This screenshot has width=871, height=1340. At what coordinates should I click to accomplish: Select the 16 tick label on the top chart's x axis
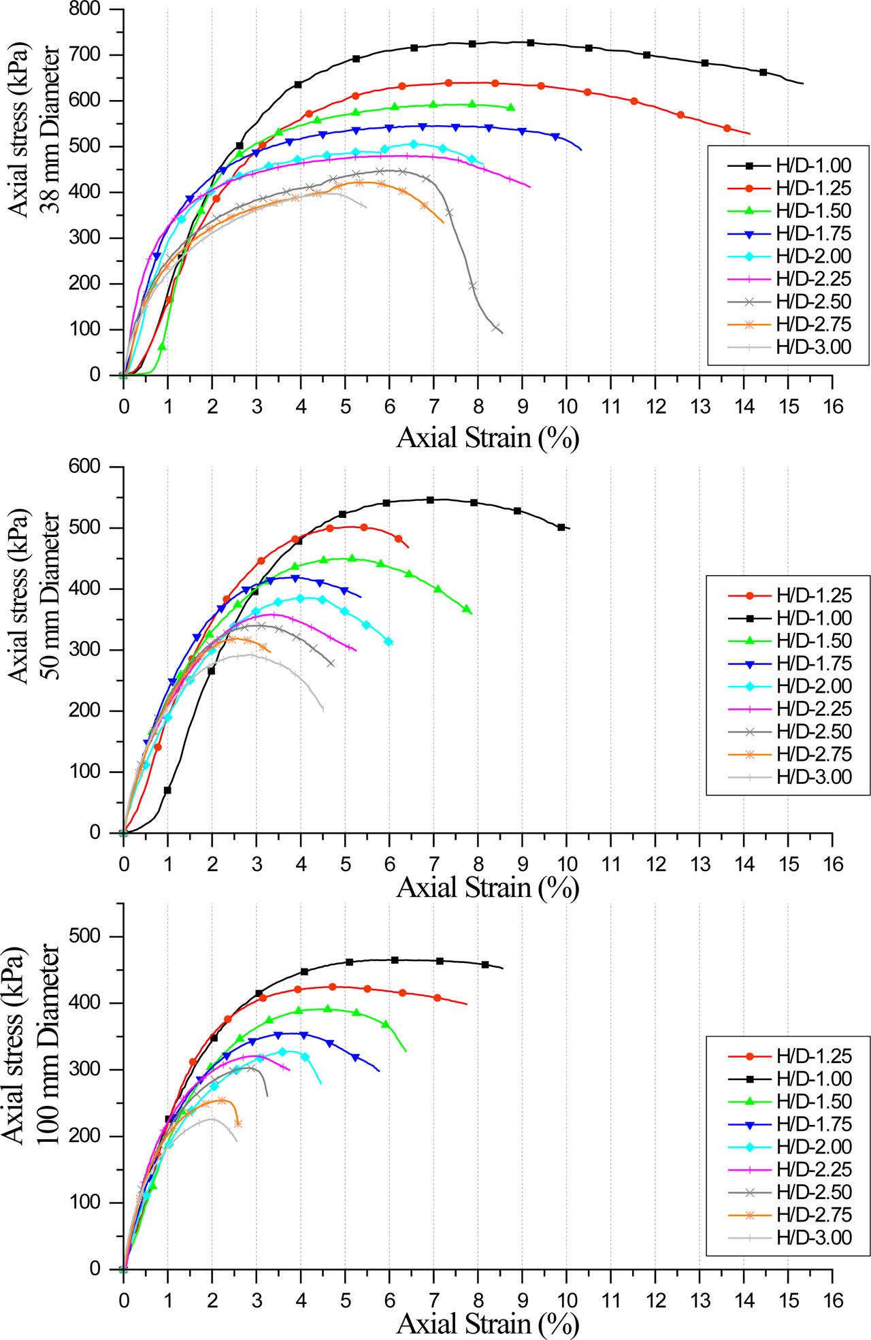click(832, 407)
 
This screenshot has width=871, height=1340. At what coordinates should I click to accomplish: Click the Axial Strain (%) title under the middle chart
click(487, 887)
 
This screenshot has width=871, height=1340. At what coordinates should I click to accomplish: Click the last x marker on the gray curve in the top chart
click(496, 327)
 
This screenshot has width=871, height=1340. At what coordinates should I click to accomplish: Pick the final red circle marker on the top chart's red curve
click(727, 129)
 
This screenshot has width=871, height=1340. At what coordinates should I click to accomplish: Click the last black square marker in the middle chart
click(561, 527)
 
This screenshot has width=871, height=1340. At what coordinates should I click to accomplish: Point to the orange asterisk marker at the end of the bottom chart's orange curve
click(237, 1124)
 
